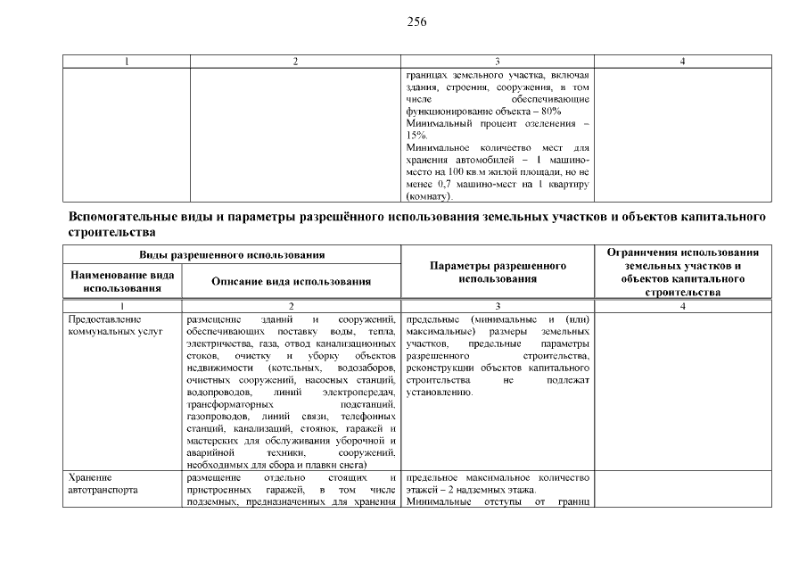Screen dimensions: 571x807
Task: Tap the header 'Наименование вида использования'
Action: click(122, 282)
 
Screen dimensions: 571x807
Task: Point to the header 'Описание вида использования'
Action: click(291, 282)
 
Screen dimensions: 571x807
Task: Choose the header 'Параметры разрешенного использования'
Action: click(498, 272)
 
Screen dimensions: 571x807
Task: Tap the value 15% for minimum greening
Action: click(416, 135)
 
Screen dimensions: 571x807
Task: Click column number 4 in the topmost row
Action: click(681, 62)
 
